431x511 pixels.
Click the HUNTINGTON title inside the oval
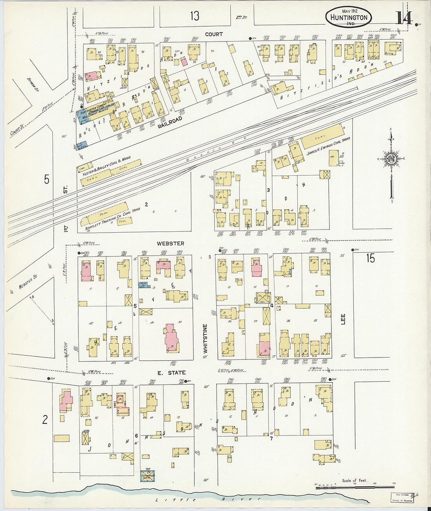348,18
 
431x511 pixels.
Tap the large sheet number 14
403,18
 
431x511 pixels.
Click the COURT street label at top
214,34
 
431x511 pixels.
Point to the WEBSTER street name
170,244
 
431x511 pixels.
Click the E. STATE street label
171,373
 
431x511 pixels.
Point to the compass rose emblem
391,159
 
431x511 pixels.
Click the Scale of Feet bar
355,487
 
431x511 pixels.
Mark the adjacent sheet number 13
195,16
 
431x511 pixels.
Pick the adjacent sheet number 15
371,258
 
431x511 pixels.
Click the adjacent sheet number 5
47,179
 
